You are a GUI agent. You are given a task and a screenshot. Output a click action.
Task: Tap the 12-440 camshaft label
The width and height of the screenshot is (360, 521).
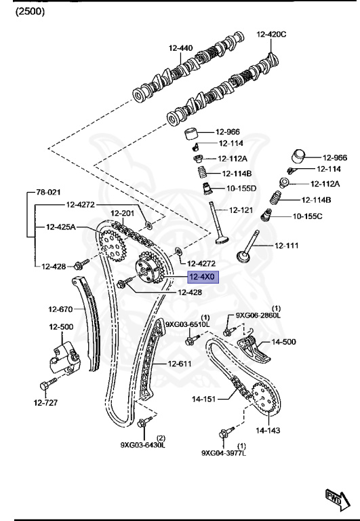[x=180, y=48]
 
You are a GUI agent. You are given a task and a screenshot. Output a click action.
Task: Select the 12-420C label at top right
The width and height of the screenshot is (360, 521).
[x=271, y=34]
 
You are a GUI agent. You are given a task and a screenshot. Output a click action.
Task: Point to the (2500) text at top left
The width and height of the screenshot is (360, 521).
[x=30, y=12]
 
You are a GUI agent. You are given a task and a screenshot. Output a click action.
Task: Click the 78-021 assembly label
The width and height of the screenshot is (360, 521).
[x=48, y=192]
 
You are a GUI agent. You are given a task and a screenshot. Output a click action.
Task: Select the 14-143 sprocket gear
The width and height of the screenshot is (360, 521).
[x=264, y=398]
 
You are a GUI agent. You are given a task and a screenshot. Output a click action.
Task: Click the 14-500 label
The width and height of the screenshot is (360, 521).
[x=283, y=342]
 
